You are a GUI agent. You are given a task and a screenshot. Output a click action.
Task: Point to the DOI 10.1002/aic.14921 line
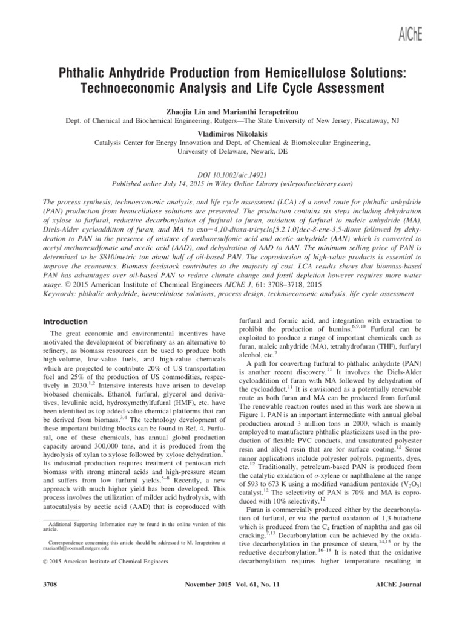(232, 173)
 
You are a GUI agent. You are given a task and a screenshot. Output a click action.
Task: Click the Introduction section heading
(70, 322)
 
